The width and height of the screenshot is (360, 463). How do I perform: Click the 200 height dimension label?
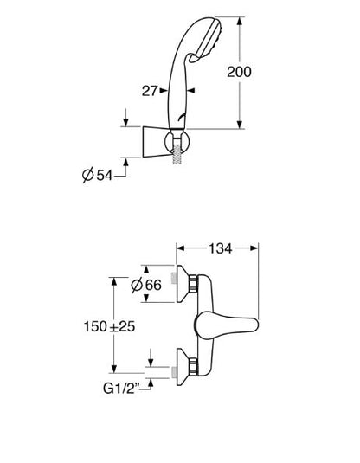[x=239, y=72]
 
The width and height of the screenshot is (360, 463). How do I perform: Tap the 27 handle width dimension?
[x=150, y=91]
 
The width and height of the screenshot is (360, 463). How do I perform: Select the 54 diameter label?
[x=105, y=176]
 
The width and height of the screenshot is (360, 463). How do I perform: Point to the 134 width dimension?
[x=221, y=248]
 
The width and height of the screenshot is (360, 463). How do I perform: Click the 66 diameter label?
[x=153, y=285]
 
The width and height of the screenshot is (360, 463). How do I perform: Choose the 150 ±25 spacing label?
[x=110, y=326]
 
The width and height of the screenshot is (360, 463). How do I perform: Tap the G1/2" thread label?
[x=121, y=389]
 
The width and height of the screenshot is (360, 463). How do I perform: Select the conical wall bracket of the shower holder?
[x=156, y=142]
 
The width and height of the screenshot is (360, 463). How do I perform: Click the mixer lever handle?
[x=227, y=325]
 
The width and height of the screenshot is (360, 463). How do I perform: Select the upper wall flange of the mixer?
[x=183, y=284]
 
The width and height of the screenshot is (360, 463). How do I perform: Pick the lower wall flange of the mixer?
[x=183, y=367]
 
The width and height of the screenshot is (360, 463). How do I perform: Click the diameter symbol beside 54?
[x=88, y=175]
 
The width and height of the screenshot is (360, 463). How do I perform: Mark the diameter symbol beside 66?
[x=137, y=285]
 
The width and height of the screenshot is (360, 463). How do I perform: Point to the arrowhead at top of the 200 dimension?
[x=240, y=22]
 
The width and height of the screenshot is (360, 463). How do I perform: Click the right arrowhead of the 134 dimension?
[x=254, y=248]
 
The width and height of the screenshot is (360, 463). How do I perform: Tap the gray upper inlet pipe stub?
[x=174, y=279]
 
